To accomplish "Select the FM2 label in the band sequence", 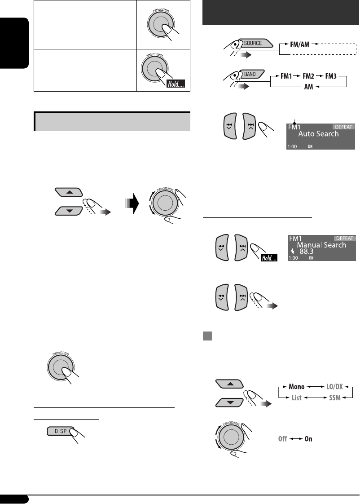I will tap(310, 77).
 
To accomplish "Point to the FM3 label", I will tap(336, 77).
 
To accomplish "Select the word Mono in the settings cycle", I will tap(296, 387).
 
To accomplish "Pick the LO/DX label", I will tap(334, 387).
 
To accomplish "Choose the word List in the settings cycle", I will tap(296, 398).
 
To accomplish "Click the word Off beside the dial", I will tap(282, 438).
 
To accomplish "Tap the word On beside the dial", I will tap(308, 438).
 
